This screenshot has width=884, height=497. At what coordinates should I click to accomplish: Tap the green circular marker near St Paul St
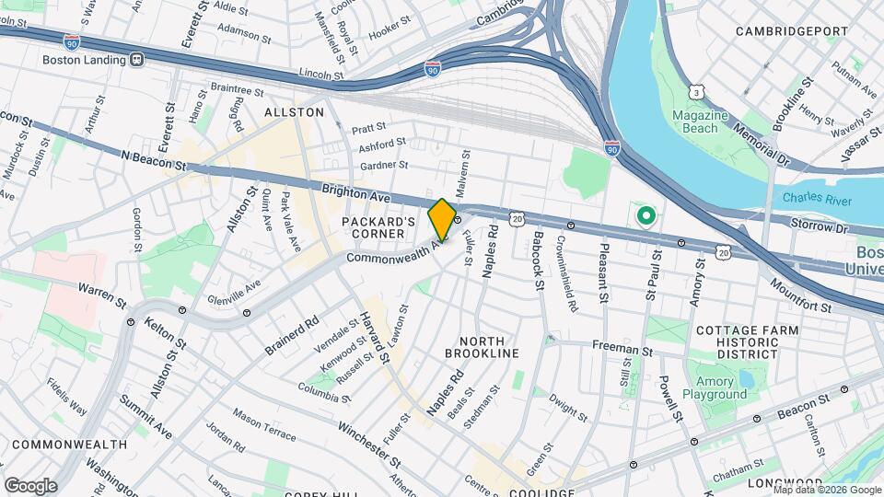[646, 217]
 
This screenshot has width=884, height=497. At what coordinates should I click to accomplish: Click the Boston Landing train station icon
[136, 60]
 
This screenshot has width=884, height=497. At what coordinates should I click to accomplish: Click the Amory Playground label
[715, 387]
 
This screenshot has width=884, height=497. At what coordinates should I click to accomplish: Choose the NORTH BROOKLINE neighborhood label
[482, 346]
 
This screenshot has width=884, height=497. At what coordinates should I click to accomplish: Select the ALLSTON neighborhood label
[295, 112]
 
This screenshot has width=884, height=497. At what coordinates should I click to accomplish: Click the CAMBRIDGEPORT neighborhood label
[792, 31]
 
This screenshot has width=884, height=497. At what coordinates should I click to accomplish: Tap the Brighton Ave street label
[357, 194]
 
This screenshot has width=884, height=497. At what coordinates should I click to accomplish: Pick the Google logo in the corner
[31, 485]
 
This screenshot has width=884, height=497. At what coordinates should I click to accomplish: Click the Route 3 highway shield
[698, 93]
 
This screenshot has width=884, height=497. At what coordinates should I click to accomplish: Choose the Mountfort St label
[800, 294]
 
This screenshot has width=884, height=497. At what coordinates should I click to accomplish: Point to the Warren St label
[102, 296]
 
